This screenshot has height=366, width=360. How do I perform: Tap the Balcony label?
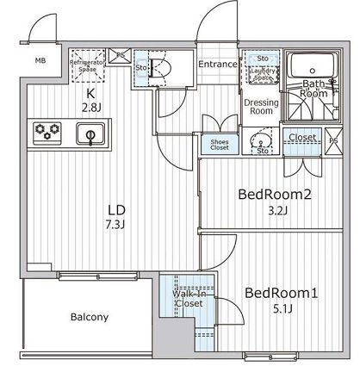(89, 317)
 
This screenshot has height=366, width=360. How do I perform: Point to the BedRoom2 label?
(273, 194)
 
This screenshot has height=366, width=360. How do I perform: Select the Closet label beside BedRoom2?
(302, 137)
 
